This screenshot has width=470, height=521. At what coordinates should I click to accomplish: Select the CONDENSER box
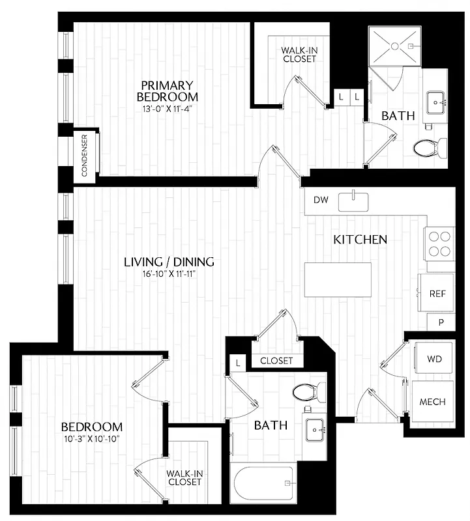(85, 155)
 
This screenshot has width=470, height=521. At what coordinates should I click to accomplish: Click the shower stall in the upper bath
(395, 46)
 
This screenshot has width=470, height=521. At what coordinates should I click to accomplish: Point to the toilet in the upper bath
(430, 147)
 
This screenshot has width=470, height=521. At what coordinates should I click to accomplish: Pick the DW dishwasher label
(321, 200)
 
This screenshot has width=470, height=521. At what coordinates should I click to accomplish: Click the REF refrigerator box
(437, 294)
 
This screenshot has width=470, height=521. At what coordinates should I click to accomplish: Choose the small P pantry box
(441, 322)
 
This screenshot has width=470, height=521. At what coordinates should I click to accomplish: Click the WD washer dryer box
(433, 359)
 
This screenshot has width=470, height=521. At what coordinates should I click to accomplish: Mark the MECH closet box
(433, 402)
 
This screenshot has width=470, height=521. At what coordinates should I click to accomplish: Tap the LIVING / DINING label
(169, 262)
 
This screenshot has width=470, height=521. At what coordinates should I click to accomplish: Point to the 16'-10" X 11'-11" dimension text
(169, 274)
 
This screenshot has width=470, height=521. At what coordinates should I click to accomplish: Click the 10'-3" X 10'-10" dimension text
(91, 439)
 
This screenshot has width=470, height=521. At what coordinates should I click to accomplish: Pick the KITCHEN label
(360, 240)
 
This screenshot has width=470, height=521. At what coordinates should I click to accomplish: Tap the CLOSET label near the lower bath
(276, 360)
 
